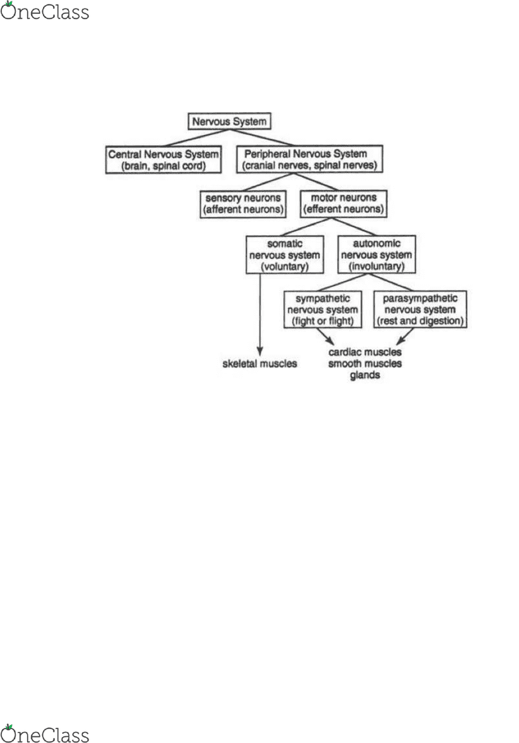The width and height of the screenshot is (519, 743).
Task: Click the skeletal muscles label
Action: coord(259,364)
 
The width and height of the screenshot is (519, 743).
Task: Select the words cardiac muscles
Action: coord(365,352)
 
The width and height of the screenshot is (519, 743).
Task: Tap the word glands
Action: coord(365,375)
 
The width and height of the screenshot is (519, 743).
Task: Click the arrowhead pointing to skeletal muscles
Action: coord(259,351)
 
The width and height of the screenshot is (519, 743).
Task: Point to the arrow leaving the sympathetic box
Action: coord(325,336)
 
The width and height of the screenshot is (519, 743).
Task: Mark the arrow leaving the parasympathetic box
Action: coord(405,336)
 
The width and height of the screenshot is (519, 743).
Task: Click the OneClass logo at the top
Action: coord(44,11)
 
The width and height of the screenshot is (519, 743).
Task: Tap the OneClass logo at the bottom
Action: coord(44,733)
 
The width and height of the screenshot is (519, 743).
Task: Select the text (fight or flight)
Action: coord(322,321)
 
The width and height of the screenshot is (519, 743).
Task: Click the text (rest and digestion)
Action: coord(420,321)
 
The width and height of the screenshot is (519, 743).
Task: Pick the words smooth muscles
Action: coord(365,364)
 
